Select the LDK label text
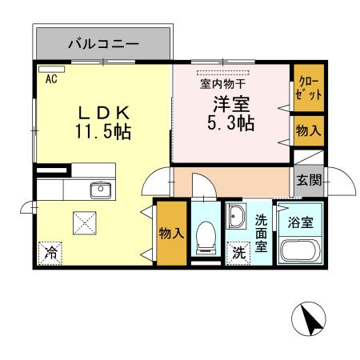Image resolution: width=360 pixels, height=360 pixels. point(103,110)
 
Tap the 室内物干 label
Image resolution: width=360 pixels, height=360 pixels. point(222,82)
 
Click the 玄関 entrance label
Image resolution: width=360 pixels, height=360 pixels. point(308,181)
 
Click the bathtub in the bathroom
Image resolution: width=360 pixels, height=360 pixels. point(301,251)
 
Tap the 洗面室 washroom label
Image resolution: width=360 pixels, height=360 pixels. point(261,234)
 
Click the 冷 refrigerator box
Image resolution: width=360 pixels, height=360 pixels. point(50,253)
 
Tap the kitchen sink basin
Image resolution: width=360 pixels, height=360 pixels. point(101,190)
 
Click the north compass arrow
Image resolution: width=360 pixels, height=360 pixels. point(310,322)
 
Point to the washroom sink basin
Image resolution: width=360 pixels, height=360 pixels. point(237,218)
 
